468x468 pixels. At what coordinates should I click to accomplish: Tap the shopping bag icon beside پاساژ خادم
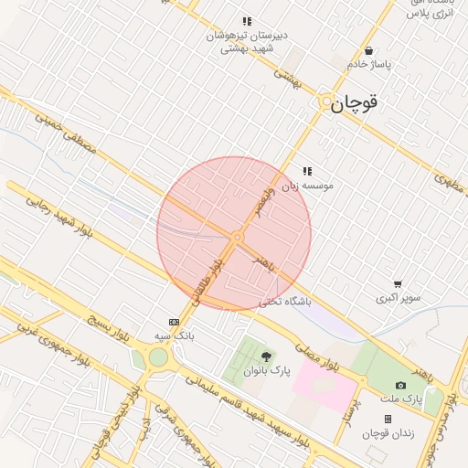tap(368, 51)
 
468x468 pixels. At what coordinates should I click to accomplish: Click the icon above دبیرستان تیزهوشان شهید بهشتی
tap(246, 21)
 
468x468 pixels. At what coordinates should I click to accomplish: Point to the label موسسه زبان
tap(307, 185)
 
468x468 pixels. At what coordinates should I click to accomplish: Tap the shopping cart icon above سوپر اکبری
tap(397, 284)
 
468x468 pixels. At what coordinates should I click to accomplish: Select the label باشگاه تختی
tap(285, 301)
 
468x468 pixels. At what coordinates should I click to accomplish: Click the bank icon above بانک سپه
tap(174, 322)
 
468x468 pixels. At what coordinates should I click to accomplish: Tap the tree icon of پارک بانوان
tap(266, 356)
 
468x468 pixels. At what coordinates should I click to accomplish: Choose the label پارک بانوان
tap(266, 371)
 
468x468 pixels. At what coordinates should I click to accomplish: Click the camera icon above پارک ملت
tap(400, 385)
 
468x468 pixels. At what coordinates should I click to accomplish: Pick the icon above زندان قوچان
tap(388, 419)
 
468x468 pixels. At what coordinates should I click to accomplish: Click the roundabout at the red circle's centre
tap(237, 237)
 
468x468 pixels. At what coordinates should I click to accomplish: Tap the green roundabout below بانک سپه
tap(159, 357)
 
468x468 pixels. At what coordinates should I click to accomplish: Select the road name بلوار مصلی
tap(316, 353)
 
